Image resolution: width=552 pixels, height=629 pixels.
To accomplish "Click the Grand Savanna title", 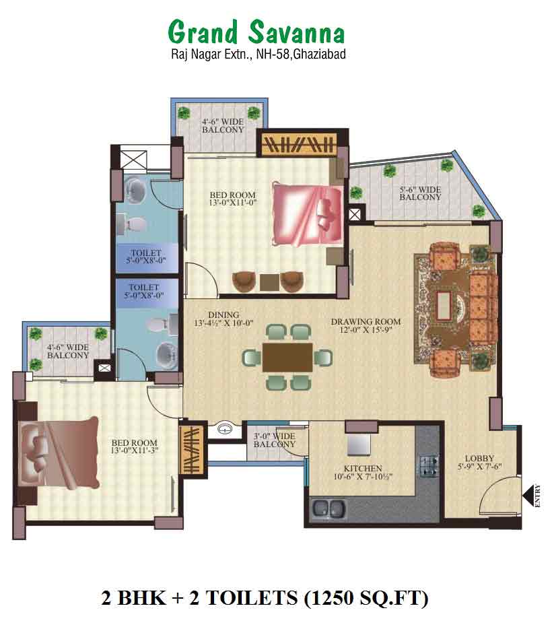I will point(256,32).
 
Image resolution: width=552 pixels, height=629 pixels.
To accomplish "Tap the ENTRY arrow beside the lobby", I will point(531,496).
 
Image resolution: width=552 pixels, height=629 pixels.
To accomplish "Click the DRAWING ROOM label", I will point(366,321).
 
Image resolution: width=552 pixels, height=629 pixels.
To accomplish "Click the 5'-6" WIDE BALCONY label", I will point(420,193).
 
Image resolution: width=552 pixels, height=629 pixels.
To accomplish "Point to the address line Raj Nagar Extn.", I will point(258,55).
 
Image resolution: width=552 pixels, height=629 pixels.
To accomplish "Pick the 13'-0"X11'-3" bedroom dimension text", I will point(135,451).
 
